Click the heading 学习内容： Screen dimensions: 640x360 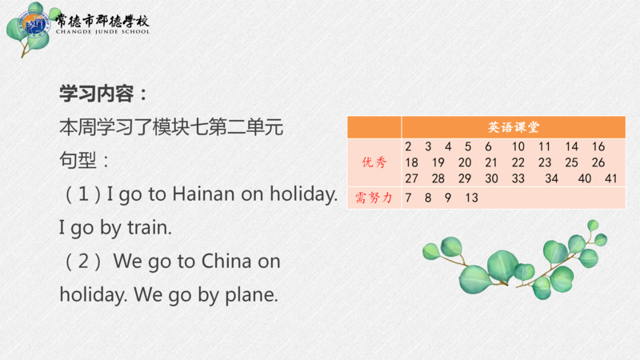pos(104,94)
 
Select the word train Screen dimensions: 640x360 pos(150,227)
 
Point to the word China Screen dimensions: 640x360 pos(226,261)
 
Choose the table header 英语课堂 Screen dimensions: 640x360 pos(514,127)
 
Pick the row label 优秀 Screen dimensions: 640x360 pos(374,162)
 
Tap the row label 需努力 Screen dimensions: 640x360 pos(374,198)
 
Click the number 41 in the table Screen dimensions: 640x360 pos(610,178)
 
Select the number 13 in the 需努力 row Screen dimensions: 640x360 pos(471,198)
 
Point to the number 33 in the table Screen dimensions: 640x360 pos(518,178)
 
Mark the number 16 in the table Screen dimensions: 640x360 pos(598,146)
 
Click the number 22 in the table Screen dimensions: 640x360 pos(518,162)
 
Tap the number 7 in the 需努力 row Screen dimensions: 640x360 pos(408,198)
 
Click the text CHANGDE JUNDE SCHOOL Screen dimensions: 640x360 pos(103,31)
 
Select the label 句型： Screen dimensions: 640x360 pos(84,160)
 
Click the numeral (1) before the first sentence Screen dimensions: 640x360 pos(83,194)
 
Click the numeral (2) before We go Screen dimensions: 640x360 pos(83,261)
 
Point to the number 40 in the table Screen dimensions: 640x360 pos(585,178)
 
